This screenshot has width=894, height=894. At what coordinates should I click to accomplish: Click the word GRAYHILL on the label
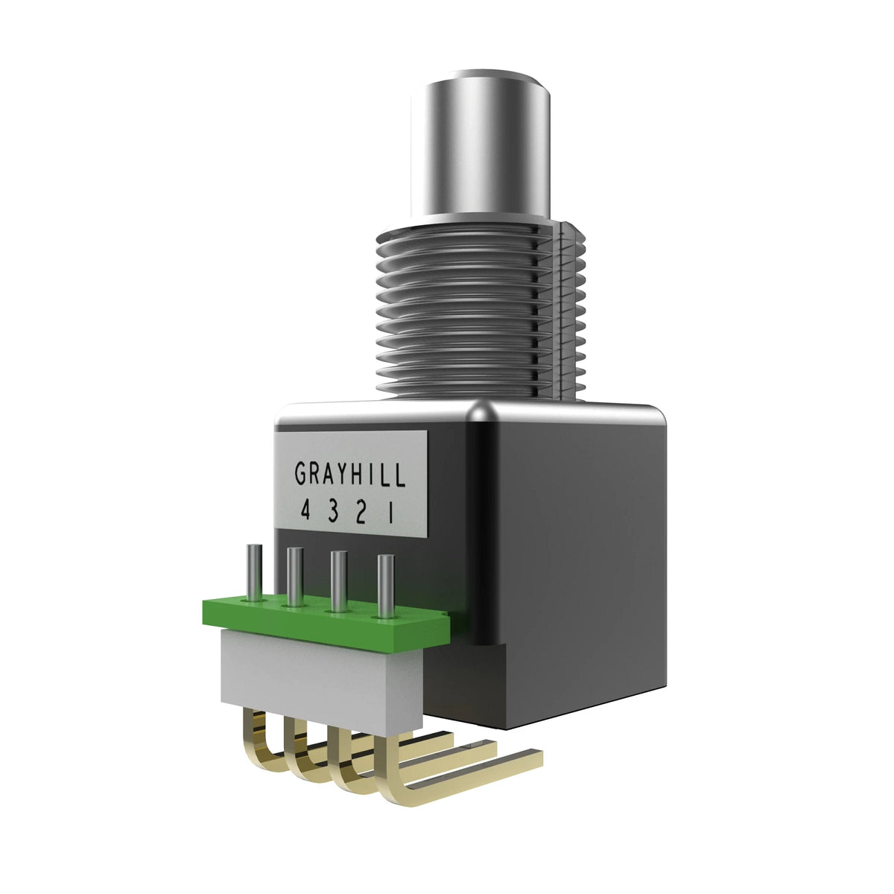click(x=350, y=474)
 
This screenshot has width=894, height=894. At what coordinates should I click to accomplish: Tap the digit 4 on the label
click(x=305, y=512)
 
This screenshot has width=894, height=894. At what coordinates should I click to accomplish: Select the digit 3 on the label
click(x=332, y=513)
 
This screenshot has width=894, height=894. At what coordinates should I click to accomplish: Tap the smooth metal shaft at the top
click(x=481, y=148)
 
